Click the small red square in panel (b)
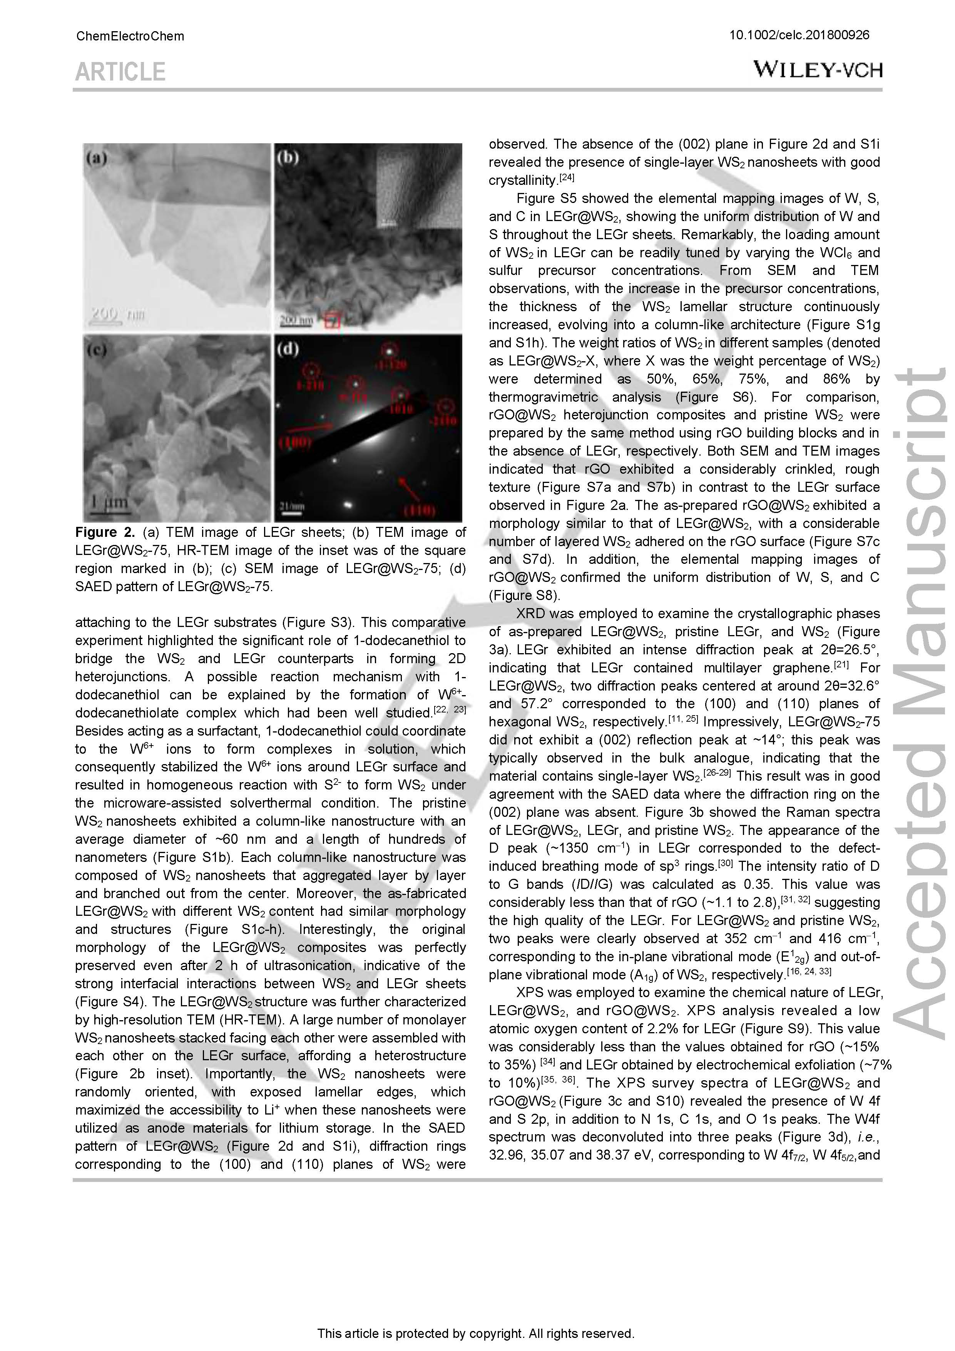tap(332, 321)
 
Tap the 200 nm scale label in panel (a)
tap(117, 314)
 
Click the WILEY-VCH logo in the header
tap(818, 70)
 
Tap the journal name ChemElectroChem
tap(130, 37)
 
